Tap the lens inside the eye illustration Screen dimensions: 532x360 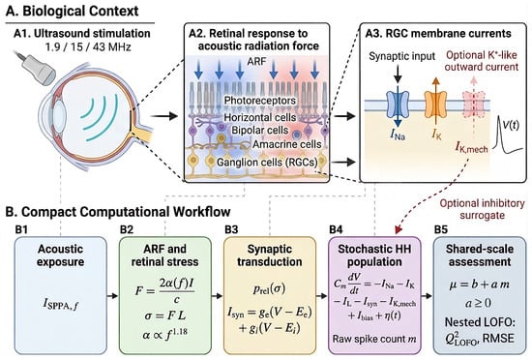click(59, 112)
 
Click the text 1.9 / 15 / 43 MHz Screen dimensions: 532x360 click(88, 46)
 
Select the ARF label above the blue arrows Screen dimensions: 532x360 click(257, 61)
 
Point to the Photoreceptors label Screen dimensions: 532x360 click(260, 101)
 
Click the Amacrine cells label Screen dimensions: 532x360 click(286, 144)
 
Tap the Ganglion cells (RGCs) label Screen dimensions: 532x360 click(267, 162)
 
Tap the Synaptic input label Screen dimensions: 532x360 click(401, 56)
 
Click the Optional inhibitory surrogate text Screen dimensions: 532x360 click(482, 209)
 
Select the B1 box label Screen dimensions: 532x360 click(21, 229)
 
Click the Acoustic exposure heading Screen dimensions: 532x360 click(60, 255)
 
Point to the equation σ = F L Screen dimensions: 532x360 click(164, 315)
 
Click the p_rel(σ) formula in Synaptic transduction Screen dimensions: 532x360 click(270, 288)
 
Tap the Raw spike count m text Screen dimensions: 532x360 click(374, 339)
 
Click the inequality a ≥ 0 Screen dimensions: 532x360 click(479, 303)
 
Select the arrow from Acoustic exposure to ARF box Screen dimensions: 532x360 click(112, 296)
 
